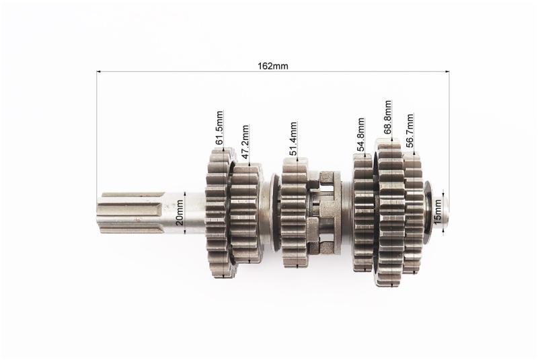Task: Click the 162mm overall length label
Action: pos(273,66)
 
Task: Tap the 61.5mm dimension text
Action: pos(219,127)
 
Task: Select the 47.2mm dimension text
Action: pos(245,142)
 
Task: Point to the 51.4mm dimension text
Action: pos(293,139)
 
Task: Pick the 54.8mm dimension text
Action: pos(360,135)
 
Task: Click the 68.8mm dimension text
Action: pos(387,117)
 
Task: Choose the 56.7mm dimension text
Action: pos(410,131)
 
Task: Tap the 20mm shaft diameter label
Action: pos(179,213)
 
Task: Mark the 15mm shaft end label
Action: pos(437,211)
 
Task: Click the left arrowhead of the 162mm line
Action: pos(98,72)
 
